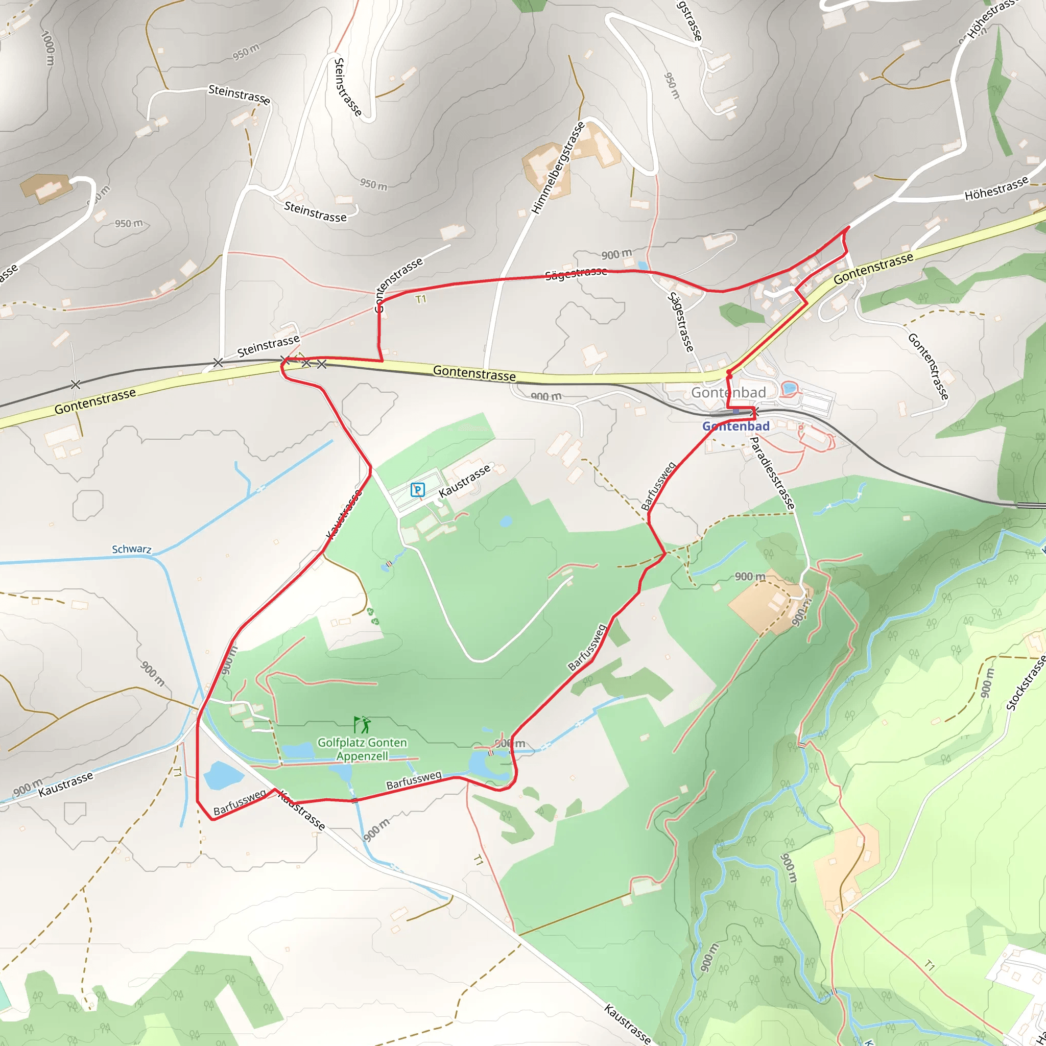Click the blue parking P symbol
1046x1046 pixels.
point(417,490)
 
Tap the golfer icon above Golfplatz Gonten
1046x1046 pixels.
point(362,724)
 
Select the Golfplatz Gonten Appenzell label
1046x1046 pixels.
point(362,749)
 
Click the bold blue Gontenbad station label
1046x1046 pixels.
point(736,426)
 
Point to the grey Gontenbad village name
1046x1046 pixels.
point(728,393)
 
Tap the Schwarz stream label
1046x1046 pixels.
point(132,549)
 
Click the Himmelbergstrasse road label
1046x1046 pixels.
point(558,168)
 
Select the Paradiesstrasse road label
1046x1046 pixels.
point(773,473)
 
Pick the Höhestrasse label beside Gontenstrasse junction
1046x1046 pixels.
point(996,188)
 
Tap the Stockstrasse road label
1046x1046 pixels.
point(1026,683)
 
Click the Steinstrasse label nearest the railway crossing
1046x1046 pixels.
point(268,346)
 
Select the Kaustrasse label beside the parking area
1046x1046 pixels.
point(465,480)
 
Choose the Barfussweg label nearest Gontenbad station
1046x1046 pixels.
point(658,486)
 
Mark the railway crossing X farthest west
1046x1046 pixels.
point(76,385)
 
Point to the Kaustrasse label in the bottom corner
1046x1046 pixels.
point(628,1023)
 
